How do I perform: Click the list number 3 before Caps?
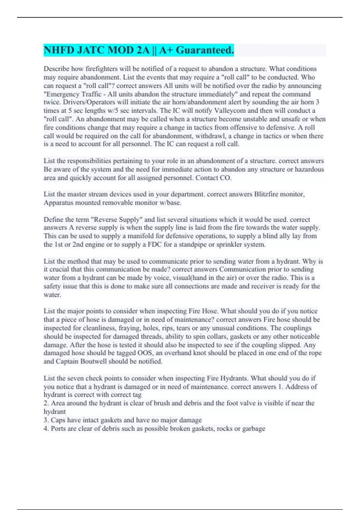pyautogui.click(x=46, y=420)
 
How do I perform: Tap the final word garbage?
pyautogui.click(x=253, y=428)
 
